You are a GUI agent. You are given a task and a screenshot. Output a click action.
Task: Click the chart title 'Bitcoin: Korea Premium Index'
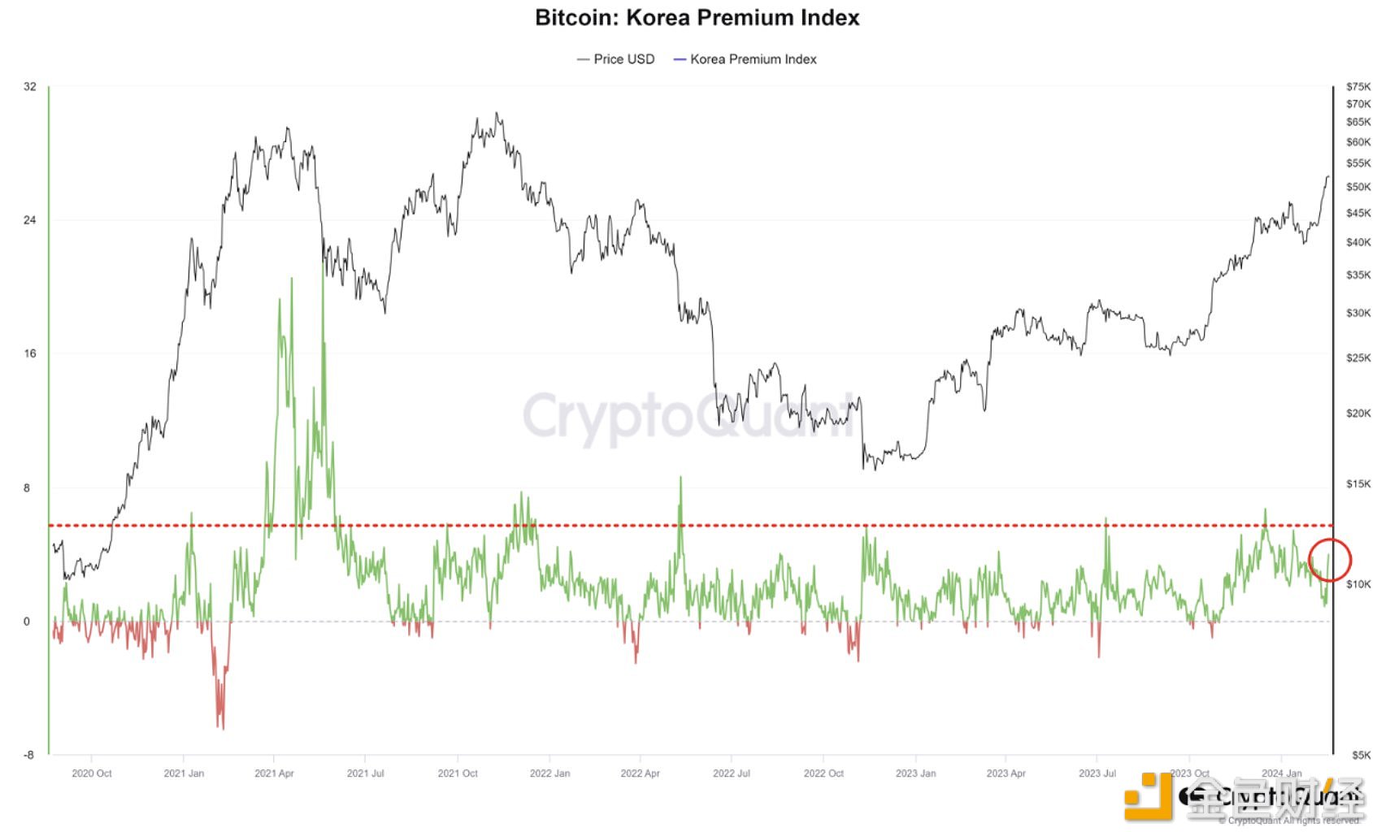point(697,18)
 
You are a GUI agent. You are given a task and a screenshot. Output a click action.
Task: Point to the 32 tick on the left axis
point(30,87)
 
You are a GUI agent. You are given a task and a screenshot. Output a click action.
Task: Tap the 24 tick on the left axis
point(30,220)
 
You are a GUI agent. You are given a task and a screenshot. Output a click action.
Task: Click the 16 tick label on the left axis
point(30,354)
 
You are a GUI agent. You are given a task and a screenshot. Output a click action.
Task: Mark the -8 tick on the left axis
point(29,755)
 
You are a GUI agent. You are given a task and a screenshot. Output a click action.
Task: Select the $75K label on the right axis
point(1358,87)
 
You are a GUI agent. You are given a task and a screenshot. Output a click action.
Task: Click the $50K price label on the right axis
point(1358,187)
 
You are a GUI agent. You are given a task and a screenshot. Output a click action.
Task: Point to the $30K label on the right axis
point(1358,313)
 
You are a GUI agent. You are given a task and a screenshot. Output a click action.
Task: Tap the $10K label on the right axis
point(1358,584)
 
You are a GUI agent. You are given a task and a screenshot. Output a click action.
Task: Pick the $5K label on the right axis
point(1360,755)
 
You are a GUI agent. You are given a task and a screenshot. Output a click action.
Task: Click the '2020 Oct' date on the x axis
point(92,773)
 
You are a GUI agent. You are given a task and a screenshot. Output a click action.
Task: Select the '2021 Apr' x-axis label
point(274,773)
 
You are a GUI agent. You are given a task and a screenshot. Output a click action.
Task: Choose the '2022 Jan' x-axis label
point(549,773)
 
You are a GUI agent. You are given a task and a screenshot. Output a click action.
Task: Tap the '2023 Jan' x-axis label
point(915,773)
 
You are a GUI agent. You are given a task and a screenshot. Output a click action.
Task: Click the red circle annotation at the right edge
point(1330,560)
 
